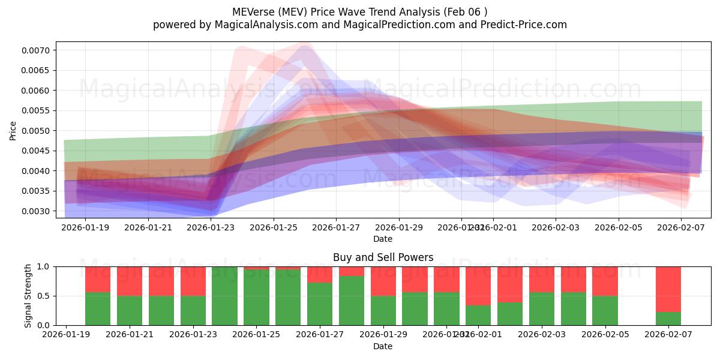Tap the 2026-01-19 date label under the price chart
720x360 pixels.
coord(85,228)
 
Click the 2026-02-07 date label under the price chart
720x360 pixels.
coord(682,228)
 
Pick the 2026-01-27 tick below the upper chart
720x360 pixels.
coord(336,228)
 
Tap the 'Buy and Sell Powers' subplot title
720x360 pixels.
coord(383,257)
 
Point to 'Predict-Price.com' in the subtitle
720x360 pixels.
coord(525,25)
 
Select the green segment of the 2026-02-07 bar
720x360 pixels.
coord(668,319)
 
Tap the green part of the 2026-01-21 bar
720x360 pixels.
coord(130,310)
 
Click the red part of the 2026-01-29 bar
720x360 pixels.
coord(383,281)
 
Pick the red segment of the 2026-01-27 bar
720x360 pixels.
coord(320,274)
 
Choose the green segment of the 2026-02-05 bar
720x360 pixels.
coord(605,310)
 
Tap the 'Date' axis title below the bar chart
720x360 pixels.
coord(383,346)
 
